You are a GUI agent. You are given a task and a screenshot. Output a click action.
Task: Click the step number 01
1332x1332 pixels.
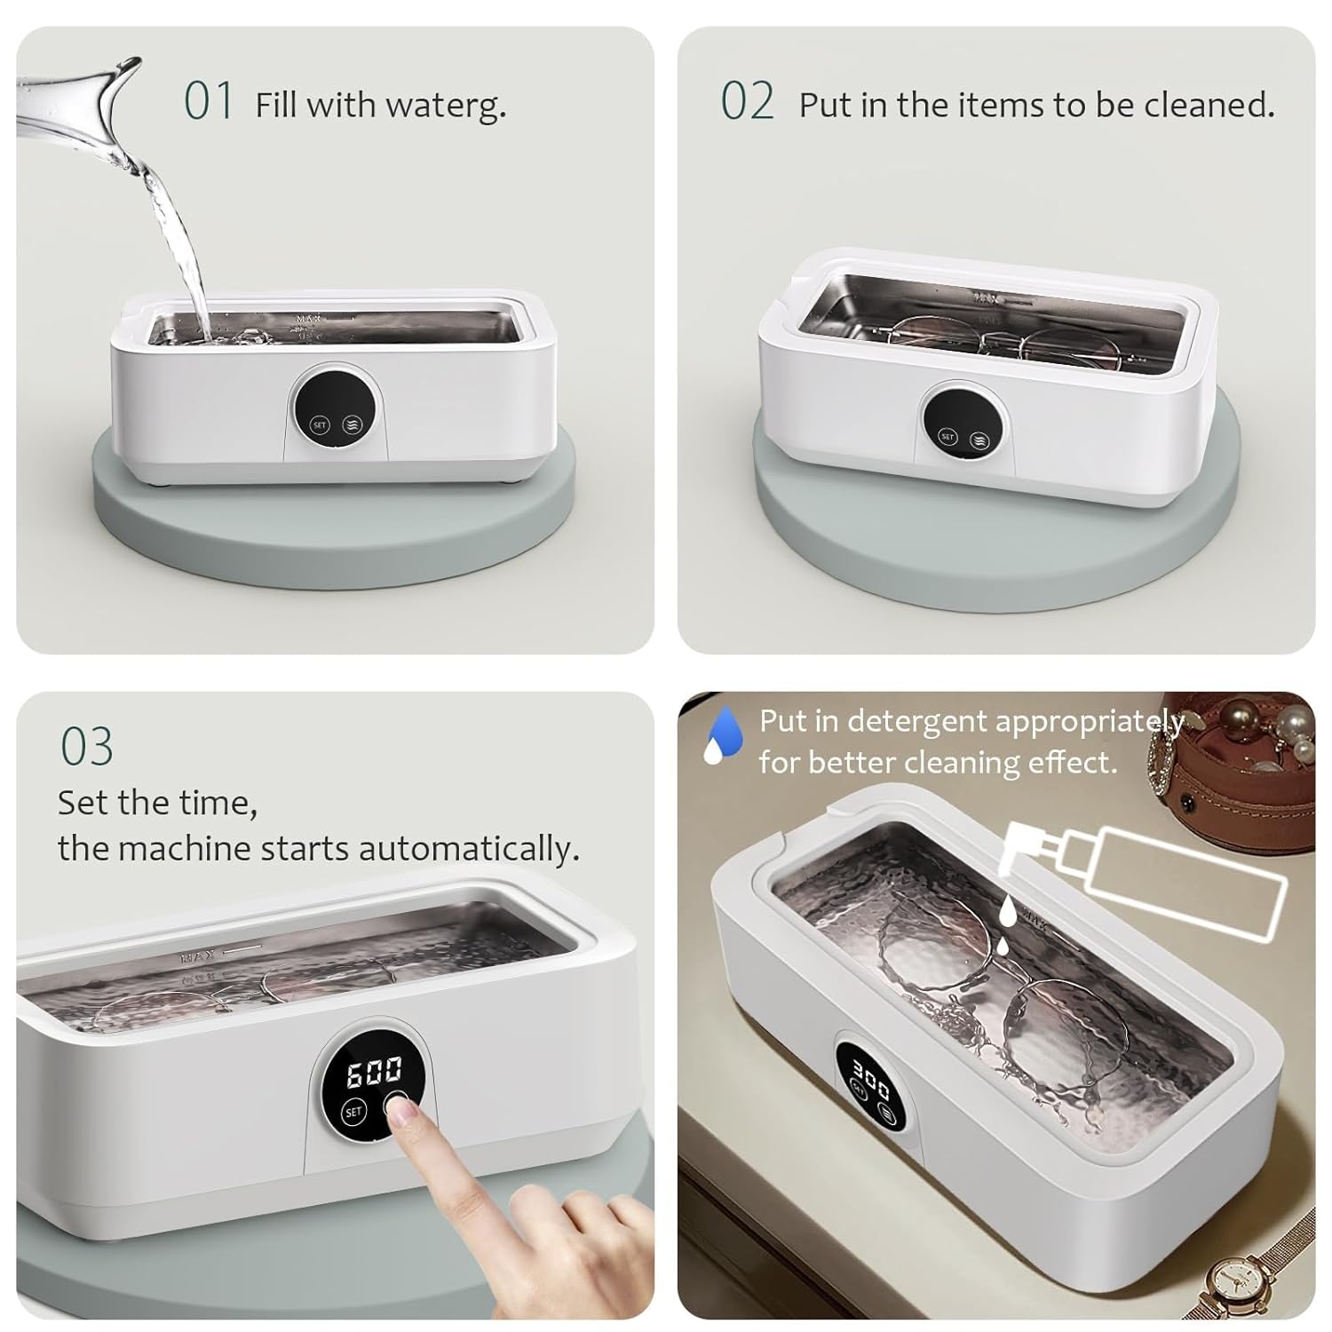[x=209, y=100]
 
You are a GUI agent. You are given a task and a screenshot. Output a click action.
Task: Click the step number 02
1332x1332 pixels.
[x=747, y=100]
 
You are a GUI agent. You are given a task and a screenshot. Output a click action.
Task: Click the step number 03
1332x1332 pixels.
[x=87, y=746]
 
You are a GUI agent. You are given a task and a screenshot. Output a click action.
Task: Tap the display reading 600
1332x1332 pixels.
[x=373, y=1072]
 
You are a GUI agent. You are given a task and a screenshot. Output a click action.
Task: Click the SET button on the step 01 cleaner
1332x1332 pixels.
[x=320, y=425]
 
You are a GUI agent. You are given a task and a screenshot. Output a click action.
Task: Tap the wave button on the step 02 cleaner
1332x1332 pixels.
[x=979, y=440]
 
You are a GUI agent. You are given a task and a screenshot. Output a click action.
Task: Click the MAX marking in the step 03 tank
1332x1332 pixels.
[x=193, y=958]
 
